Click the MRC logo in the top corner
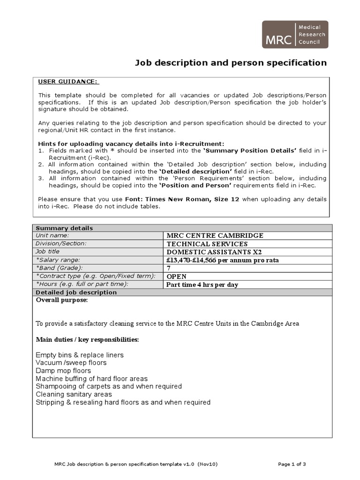[294, 35]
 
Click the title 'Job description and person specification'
[231, 63]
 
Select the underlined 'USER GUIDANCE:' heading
[68, 82]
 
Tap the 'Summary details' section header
[65, 228]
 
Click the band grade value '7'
[169, 268]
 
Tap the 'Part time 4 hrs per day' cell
[202, 285]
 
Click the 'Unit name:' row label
[52, 235]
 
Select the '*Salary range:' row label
[58, 260]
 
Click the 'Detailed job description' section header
[76, 292]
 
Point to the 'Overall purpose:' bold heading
[62, 300]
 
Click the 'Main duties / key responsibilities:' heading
[87, 339]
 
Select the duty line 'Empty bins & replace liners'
[80, 355]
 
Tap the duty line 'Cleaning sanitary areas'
[74, 394]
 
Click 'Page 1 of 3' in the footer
[292, 464]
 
